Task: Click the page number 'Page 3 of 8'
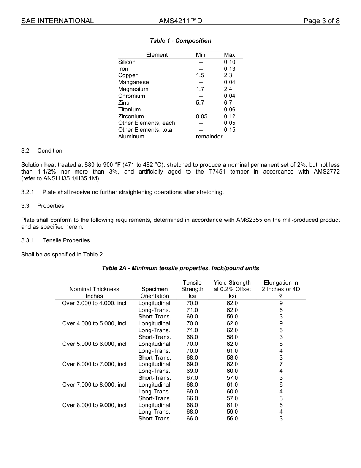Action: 321,21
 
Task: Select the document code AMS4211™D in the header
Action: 180,21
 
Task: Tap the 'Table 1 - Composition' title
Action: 180,41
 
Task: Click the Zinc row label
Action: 123,103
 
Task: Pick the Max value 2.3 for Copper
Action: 228,75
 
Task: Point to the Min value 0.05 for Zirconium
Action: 201,116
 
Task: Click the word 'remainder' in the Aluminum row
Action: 209,137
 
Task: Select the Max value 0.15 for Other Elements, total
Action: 230,130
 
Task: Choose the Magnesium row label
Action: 133,89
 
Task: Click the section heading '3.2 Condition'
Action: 42,151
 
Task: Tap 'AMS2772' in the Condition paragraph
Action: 326,172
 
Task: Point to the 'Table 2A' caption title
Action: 180,268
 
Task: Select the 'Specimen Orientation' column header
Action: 154,292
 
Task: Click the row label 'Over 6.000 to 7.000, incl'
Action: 94,364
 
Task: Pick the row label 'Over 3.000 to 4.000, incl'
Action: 94,303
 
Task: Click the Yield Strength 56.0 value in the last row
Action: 232,419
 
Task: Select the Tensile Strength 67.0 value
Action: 192,378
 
